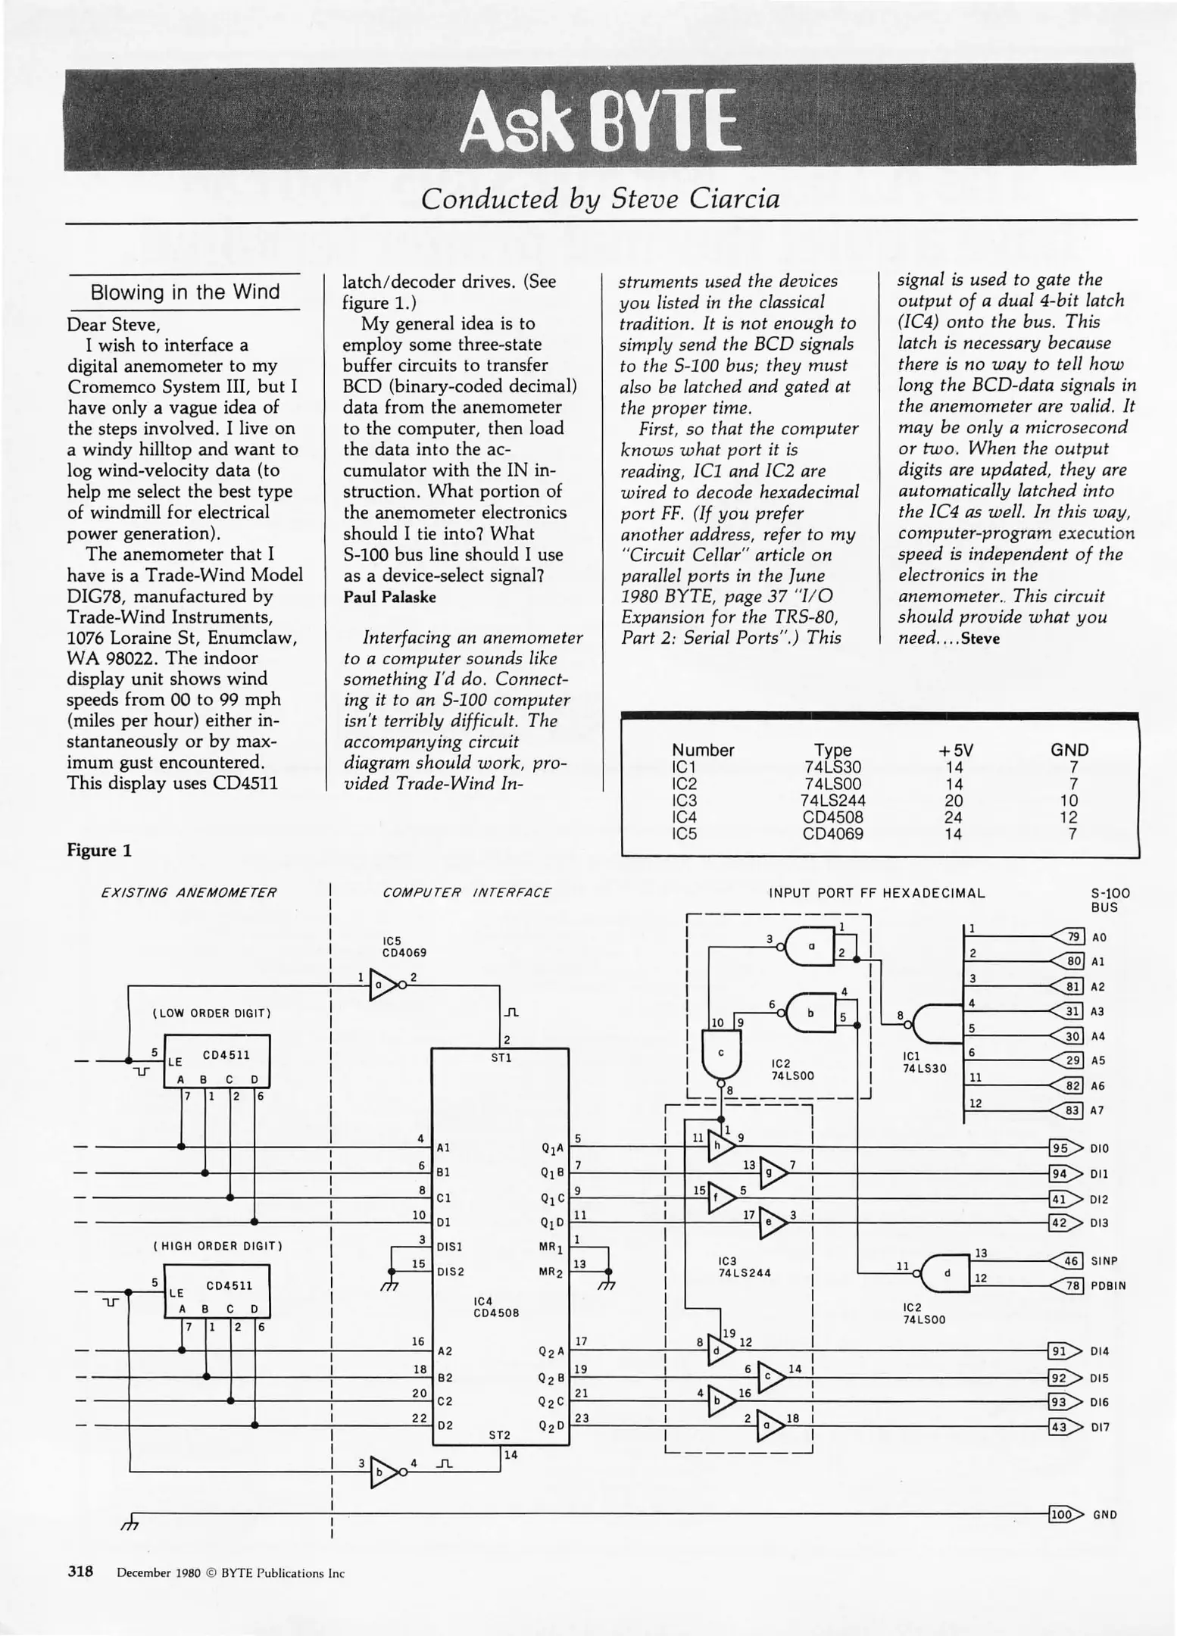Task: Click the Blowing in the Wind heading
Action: coord(185,292)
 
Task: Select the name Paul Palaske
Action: coord(389,597)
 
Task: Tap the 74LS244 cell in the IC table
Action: coord(832,801)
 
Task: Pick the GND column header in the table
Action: coord(1069,750)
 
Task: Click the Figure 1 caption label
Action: coord(99,851)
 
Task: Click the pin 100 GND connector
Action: coord(1063,1514)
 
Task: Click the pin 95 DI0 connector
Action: coord(1062,1148)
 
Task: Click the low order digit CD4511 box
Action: coord(217,1061)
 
